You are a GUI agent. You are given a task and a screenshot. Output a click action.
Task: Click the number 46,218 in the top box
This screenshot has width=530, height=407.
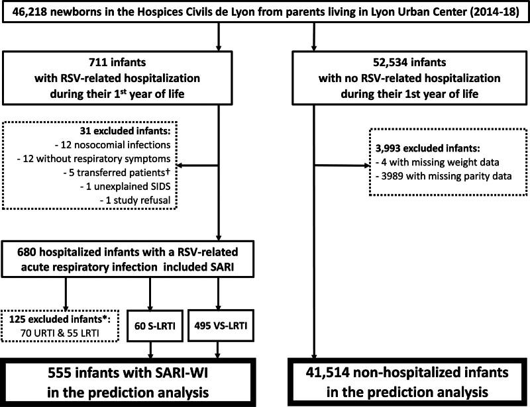[x=25, y=15]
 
